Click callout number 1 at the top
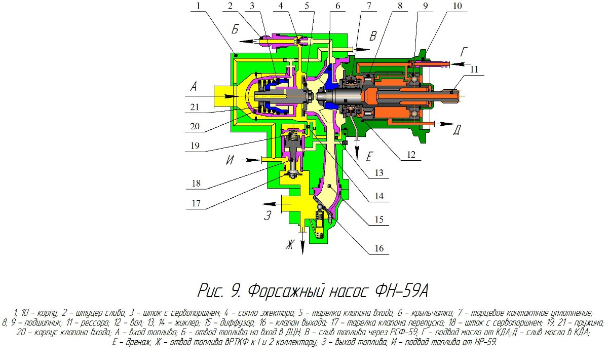199,6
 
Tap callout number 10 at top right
458,6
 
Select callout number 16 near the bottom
379,248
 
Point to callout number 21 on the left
195,107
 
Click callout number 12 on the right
411,155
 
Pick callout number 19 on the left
195,146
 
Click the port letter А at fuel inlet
194,87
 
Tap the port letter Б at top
235,29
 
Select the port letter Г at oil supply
464,52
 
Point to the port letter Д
457,130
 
